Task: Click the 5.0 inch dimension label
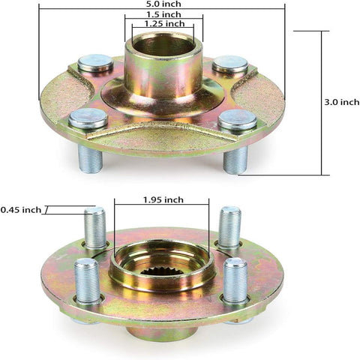(x=163, y=4)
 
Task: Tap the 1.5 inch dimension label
(x=163, y=14)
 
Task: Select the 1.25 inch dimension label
(x=165, y=23)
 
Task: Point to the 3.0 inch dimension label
(x=342, y=102)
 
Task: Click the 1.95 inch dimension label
(x=163, y=199)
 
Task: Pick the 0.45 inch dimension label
(x=21, y=210)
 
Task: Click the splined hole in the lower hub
(x=162, y=271)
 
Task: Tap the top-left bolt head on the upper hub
(x=95, y=63)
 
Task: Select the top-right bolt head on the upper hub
(x=230, y=64)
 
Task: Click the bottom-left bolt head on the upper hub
(x=88, y=118)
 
